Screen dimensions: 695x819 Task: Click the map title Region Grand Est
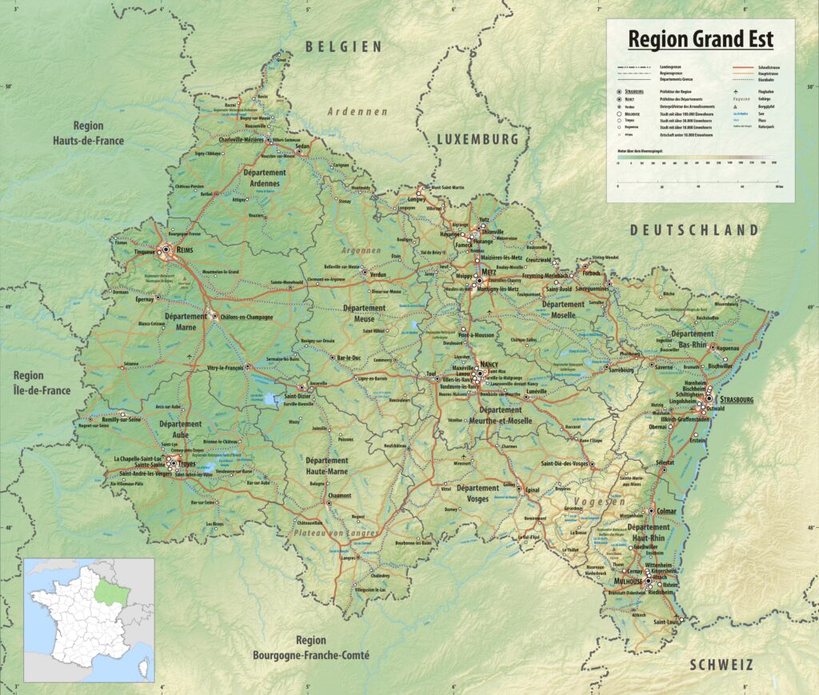[x=700, y=39]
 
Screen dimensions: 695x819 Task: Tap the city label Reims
[x=185, y=250]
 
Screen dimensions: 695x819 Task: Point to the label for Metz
[x=489, y=272]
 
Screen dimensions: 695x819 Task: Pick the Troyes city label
[x=187, y=464]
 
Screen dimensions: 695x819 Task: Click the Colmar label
[x=667, y=510]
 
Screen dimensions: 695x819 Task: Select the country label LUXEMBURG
[x=478, y=139]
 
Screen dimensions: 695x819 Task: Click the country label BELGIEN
[x=344, y=47]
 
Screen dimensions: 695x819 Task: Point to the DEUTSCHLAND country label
[x=693, y=230]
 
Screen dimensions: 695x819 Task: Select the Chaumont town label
[x=339, y=495]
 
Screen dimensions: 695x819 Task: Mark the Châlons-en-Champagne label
[x=246, y=317]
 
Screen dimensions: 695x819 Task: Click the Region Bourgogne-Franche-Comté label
[x=310, y=648]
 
